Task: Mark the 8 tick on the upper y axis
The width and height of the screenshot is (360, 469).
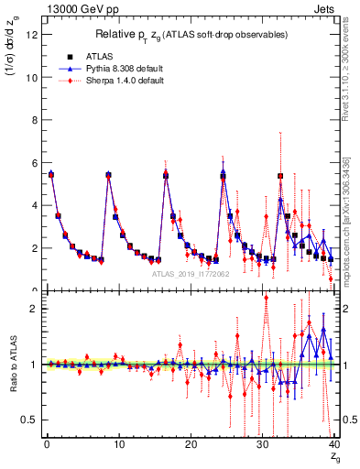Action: click(x=34, y=120)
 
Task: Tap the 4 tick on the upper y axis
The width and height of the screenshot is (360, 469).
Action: click(x=34, y=205)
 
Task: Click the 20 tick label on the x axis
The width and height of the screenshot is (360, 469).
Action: click(x=190, y=445)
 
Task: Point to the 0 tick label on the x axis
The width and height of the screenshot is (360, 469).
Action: click(x=46, y=445)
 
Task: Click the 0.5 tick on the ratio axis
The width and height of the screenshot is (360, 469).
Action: click(x=29, y=420)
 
